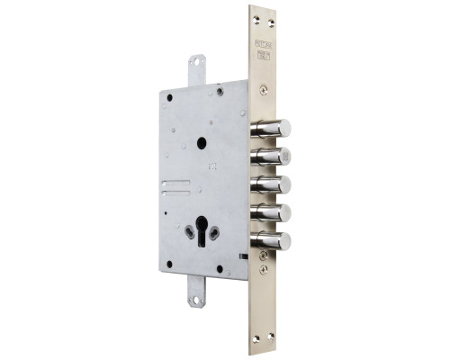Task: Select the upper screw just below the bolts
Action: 262,256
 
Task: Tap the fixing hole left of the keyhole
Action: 191,232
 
